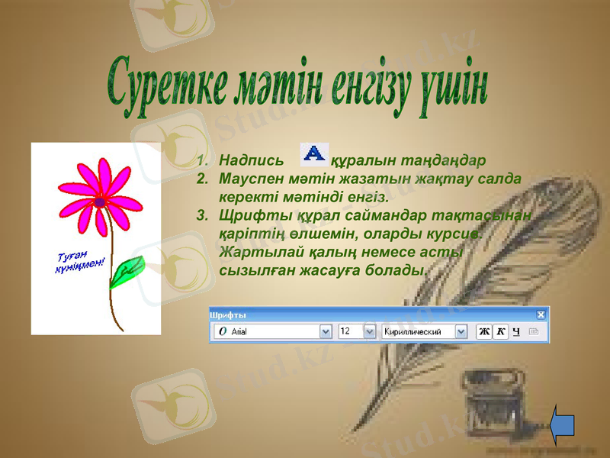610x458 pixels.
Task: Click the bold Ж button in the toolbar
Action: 483,331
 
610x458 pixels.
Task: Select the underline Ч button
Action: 516,331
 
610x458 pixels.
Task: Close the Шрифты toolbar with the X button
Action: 541,314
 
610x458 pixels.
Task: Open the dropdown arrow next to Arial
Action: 326,332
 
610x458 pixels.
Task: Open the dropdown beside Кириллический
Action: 461,332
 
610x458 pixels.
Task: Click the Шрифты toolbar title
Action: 228,314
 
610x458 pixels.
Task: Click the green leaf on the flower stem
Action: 126,272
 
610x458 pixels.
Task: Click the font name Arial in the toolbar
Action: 239,332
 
